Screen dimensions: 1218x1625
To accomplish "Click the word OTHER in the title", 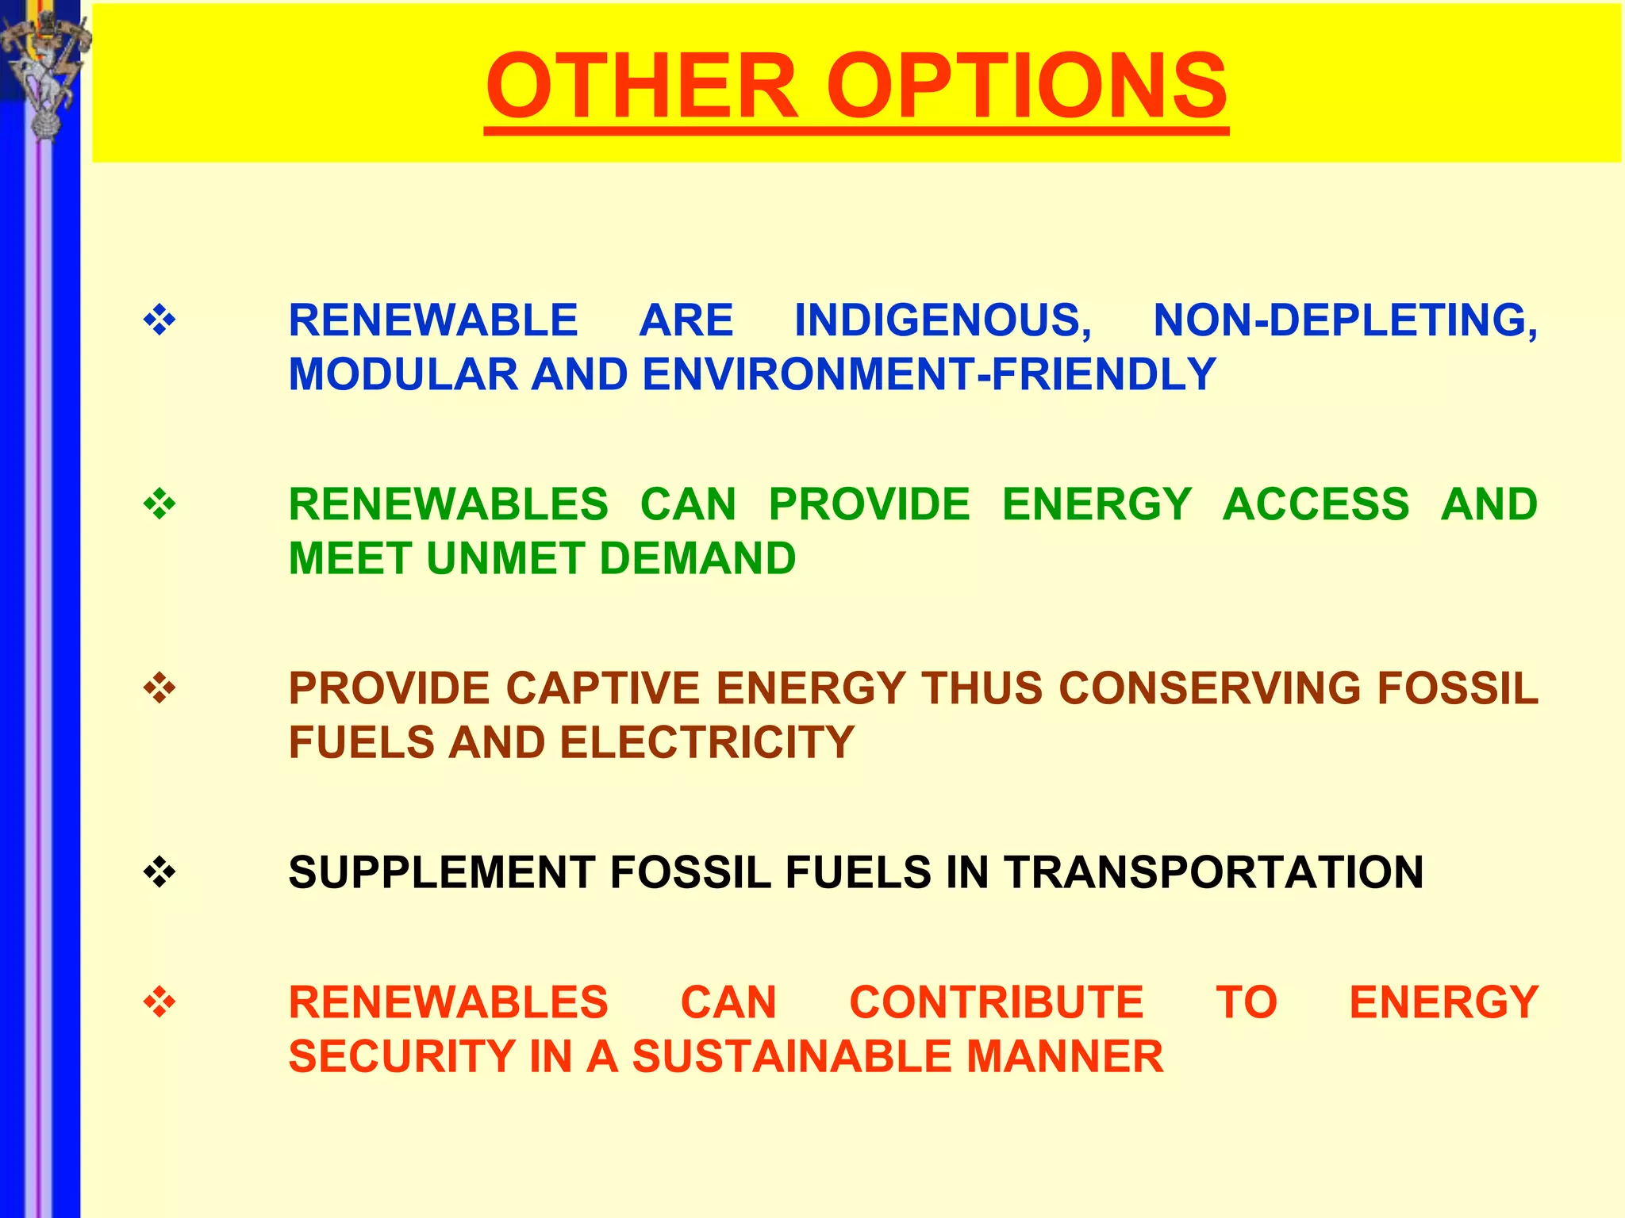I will [641, 86].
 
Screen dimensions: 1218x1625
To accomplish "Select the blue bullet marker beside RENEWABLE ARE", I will [159, 320].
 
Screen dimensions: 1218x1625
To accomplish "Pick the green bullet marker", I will [159, 504].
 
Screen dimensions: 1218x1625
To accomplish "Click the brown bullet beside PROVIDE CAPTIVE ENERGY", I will [159, 688].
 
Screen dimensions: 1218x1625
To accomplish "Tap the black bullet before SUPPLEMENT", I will [159, 873].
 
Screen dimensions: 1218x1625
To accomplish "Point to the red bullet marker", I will [159, 1003].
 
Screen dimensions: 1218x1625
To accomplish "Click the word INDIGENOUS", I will [943, 321].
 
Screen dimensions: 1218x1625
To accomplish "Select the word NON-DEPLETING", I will [1345, 321].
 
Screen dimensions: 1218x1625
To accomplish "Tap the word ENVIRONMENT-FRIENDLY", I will [928, 375].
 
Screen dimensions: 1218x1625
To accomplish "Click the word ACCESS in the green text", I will [1316, 505].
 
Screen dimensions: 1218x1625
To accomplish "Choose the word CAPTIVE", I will [603, 688].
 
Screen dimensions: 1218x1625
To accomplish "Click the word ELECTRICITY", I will [707, 743].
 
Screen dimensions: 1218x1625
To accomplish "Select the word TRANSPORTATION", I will [1213, 873].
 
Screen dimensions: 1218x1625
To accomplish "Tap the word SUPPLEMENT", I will [442, 873].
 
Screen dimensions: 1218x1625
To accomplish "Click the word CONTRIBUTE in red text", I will [996, 1003].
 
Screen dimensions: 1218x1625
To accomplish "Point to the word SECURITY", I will [401, 1057].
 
